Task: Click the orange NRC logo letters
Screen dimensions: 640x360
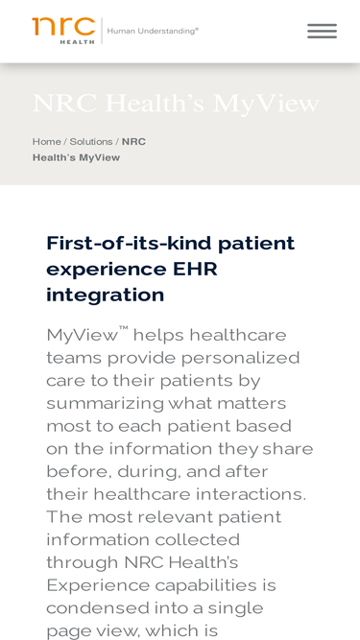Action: click(63, 26)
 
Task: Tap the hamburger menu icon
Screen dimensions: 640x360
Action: click(322, 32)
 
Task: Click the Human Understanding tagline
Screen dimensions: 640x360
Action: click(153, 31)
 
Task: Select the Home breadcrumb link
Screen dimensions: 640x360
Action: click(46, 142)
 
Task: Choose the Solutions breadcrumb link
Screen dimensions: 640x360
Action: click(91, 142)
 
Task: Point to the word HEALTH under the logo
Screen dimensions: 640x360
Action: click(77, 41)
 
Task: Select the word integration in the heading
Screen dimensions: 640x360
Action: click(106, 296)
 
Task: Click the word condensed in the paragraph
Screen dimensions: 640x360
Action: click(97, 608)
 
